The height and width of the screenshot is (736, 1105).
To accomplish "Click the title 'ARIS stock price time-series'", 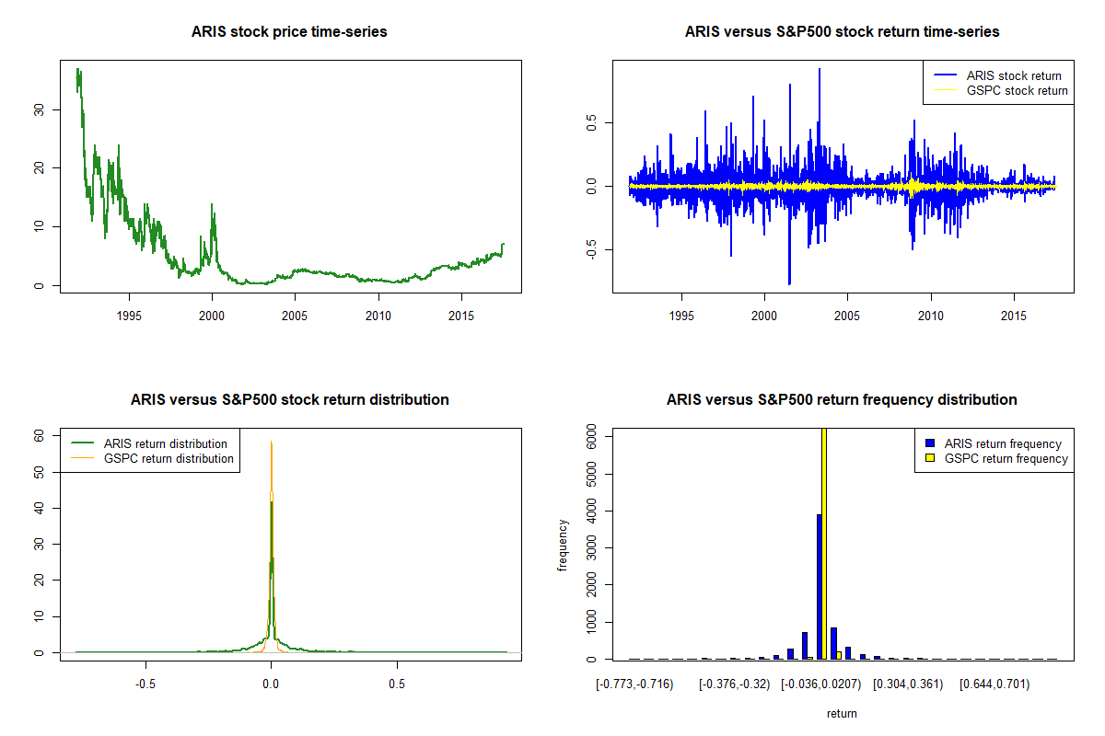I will tap(289, 32).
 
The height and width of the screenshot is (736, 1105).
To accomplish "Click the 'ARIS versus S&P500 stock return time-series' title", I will tap(842, 32).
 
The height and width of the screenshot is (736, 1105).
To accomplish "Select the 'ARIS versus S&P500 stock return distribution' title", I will tap(289, 400).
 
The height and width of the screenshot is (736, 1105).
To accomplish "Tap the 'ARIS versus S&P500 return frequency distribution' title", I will tap(842, 400).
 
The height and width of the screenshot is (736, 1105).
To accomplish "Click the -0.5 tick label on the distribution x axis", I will tap(144, 684).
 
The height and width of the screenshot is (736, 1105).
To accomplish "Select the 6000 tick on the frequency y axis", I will tap(593, 440).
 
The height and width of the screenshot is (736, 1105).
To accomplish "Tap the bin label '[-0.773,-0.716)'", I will tap(634, 684).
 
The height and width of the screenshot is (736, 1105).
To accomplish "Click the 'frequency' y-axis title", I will tap(563, 546).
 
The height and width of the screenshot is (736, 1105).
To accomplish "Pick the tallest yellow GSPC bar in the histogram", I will tap(824, 543).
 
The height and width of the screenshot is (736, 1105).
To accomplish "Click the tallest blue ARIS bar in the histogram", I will tap(819, 586).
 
